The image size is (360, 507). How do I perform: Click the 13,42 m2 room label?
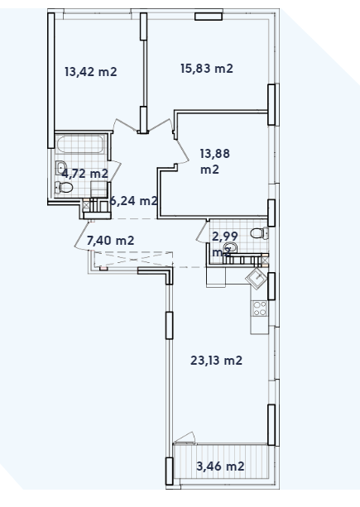[90, 71]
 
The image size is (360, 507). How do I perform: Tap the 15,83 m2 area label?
[206, 69]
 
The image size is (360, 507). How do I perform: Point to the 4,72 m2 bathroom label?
[84, 174]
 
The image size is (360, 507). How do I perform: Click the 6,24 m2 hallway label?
[133, 200]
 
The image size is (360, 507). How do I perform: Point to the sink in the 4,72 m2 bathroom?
[62, 170]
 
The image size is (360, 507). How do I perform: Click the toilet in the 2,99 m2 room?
[258, 233]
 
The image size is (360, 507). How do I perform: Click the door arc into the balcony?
[186, 438]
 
